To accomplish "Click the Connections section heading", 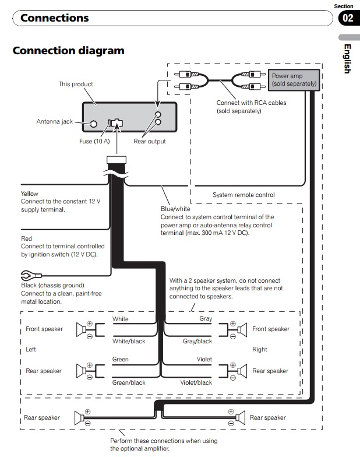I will (55, 18).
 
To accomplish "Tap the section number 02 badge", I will (348, 18).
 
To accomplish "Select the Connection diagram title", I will (68, 51).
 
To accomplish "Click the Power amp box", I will (294, 80).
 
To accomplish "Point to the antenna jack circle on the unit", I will (94, 123).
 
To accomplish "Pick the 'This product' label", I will (76, 85).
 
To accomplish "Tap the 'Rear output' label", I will (150, 141).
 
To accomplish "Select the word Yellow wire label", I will (30, 194).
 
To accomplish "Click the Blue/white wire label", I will (175, 209).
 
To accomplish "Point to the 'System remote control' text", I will (243, 195).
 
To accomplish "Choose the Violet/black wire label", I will (196, 383).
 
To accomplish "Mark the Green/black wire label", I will (129, 383).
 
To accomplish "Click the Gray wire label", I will (206, 319).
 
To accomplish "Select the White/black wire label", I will (129, 342).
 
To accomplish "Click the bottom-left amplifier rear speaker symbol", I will (79, 417).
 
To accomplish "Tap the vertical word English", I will (347, 59).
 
